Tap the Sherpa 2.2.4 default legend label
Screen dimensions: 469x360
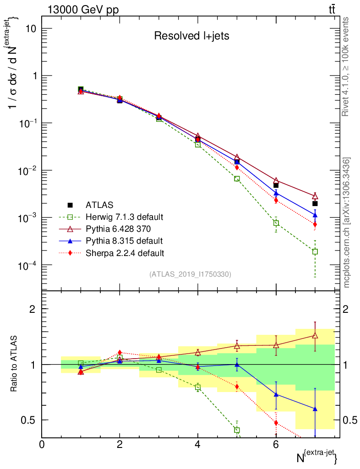click(125, 252)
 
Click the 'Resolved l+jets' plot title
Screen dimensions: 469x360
click(191, 36)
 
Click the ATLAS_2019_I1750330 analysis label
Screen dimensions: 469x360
click(190, 274)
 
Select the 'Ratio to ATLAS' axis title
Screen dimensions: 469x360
click(14, 364)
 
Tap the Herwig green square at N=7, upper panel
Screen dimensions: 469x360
click(315, 251)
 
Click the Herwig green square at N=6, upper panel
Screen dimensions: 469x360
click(276, 223)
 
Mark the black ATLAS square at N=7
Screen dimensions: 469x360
click(315, 203)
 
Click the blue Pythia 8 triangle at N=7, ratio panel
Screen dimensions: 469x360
click(315, 409)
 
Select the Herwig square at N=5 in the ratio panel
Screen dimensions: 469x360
click(237, 430)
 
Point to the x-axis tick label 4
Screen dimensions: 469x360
click(198, 444)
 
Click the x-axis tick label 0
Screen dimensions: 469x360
click(42, 444)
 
